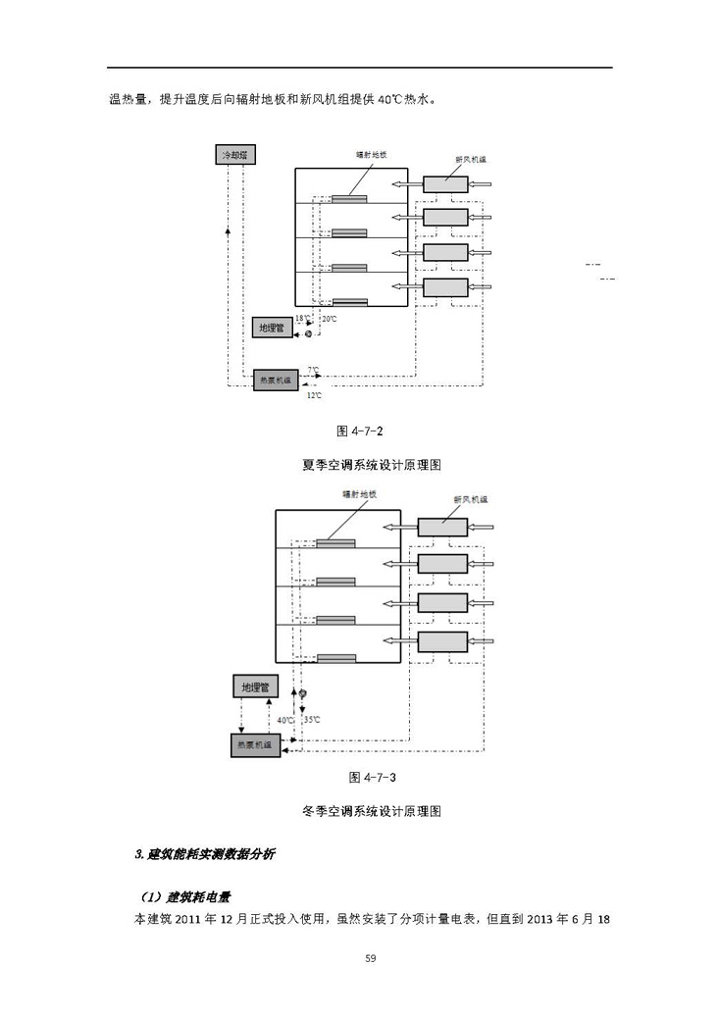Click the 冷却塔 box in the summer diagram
(x=233, y=155)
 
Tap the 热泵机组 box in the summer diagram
(x=275, y=381)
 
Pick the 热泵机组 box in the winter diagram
(x=254, y=745)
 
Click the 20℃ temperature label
(x=330, y=319)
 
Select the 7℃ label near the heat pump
(x=312, y=370)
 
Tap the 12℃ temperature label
(x=313, y=395)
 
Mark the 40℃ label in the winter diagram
(x=285, y=720)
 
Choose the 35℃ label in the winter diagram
(x=312, y=720)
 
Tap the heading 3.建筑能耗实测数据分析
(x=204, y=854)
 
